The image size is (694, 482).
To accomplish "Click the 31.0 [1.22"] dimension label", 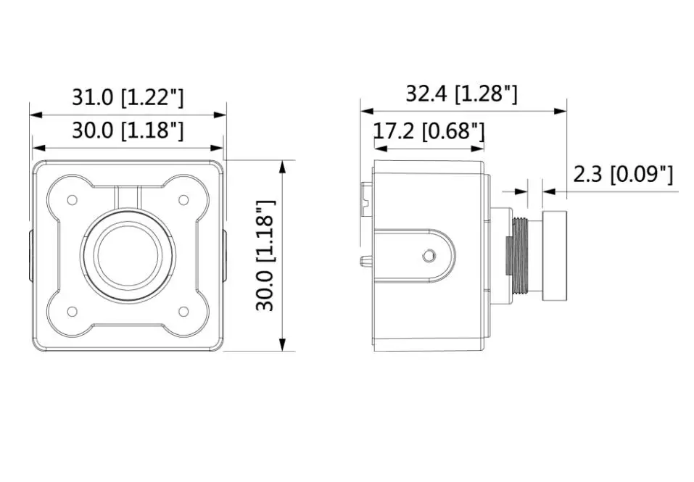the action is [x=128, y=97].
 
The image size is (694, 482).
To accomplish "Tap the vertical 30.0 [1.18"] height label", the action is [x=266, y=256].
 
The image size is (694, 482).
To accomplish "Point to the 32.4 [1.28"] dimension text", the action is [x=461, y=94].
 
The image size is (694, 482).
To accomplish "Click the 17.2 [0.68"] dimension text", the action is [x=429, y=131].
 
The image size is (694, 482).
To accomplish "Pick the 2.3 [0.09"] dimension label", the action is [x=623, y=174].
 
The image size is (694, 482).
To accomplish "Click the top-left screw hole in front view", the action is [x=72, y=200].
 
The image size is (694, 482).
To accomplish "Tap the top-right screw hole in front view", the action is [x=183, y=200].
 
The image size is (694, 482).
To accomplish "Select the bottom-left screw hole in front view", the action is [x=72, y=312].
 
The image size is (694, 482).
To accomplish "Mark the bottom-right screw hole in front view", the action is [x=183, y=312].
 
